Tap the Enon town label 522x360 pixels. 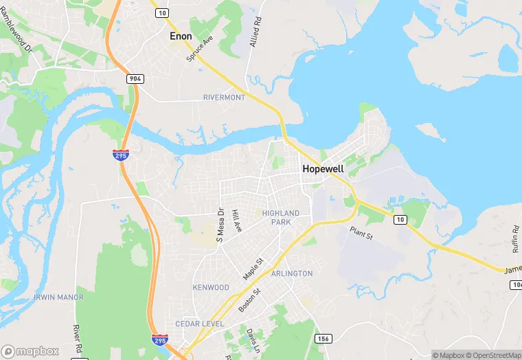(x=181, y=36)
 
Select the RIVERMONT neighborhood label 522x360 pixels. (x=224, y=98)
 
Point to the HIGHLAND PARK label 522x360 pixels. (x=281, y=218)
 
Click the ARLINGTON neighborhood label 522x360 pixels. (x=292, y=273)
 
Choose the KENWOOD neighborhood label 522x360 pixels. (x=211, y=287)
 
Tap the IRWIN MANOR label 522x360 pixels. (x=58, y=297)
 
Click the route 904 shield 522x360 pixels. (x=135, y=79)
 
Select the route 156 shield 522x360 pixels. (x=324, y=339)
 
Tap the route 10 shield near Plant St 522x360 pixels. (x=400, y=220)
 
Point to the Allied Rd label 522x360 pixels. (x=257, y=32)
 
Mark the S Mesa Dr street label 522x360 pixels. (x=220, y=226)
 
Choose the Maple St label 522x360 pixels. (x=253, y=269)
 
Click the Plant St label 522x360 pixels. (x=361, y=234)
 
